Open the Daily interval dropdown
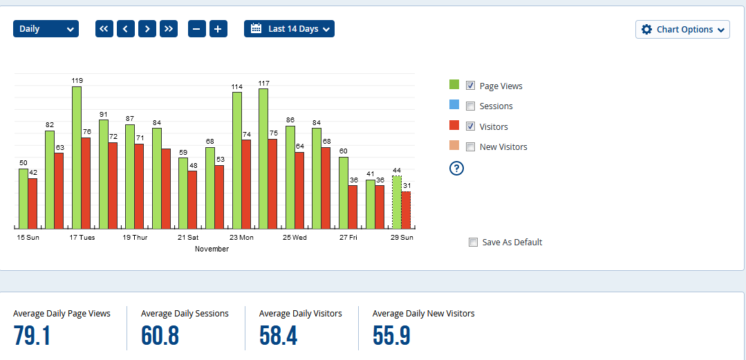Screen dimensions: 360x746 pyautogui.click(x=46, y=29)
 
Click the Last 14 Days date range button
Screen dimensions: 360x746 pyautogui.click(x=289, y=29)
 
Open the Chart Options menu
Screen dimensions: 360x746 pyautogui.click(x=682, y=30)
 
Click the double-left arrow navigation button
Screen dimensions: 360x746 pyautogui.click(x=104, y=29)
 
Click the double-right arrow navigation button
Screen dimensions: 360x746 pyautogui.click(x=169, y=29)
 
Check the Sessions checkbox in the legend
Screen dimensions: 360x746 pyautogui.click(x=471, y=106)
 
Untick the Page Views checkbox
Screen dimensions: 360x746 pyautogui.click(x=471, y=86)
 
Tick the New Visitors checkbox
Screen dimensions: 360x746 pyautogui.click(x=471, y=147)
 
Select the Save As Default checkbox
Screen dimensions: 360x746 pyautogui.click(x=474, y=243)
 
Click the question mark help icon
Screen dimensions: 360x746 pyautogui.click(x=456, y=168)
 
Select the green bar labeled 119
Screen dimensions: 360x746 pyautogui.click(x=77, y=158)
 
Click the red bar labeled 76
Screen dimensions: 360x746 pyautogui.click(x=86, y=183)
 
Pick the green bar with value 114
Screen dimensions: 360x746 pyautogui.click(x=236, y=160)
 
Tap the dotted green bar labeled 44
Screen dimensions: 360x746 pyautogui.click(x=396, y=202)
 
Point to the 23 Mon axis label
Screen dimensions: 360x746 pyautogui.click(x=242, y=238)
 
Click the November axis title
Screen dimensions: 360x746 pyautogui.click(x=212, y=249)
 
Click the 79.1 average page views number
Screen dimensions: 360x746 pyautogui.click(x=32, y=336)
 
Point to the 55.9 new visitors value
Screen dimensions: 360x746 pyautogui.click(x=391, y=336)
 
